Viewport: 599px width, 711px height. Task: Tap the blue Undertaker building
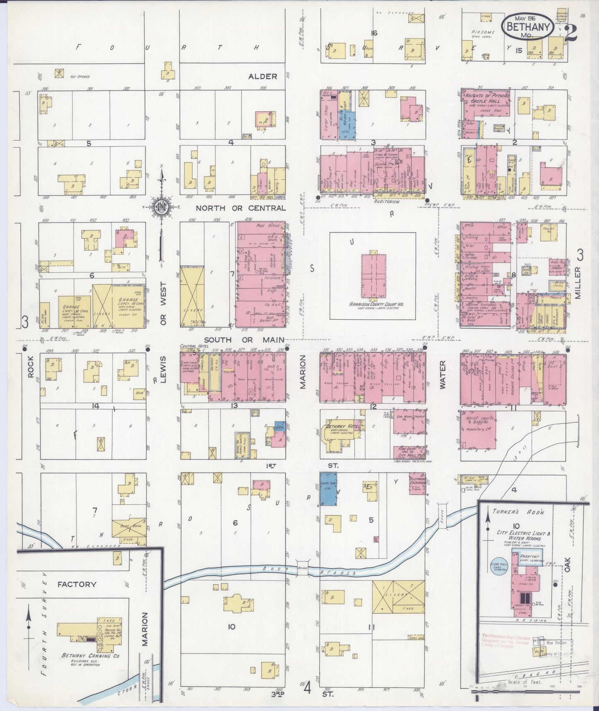click(x=328, y=488)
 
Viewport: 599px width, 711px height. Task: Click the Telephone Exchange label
click(x=417, y=480)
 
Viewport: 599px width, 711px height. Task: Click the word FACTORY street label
click(x=77, y=584)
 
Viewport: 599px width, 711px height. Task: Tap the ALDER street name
click(x=262, y=76)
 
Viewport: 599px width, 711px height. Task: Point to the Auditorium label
click(x=386, y=201)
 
